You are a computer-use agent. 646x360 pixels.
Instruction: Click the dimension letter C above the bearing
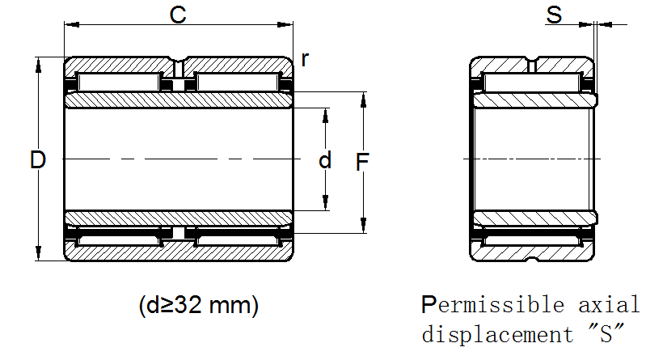pyautogui.click(x=179, y=15)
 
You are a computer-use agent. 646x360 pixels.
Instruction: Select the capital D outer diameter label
pyautogui.click(x=37, y=160)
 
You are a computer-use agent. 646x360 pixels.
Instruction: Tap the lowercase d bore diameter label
pyautogui.click(x=325, y=160)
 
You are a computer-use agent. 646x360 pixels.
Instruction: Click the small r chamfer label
pyautogui.click(x=305, y=59)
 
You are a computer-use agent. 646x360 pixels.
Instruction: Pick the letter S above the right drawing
pyautogui.click(x=554, y=15)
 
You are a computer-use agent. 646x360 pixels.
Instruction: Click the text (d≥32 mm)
pyautogui.click(x=199, y=306)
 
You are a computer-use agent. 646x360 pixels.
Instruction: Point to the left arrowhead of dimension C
pyautogui.click(x=69, y=26)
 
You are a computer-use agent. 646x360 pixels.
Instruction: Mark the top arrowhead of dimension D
pyautogui.click(x=37, y=62)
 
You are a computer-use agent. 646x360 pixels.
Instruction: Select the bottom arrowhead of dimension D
pyautogui.click(x=37, y=256)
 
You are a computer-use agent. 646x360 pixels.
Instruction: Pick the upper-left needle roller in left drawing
pyautogui.click(x=119, y=82)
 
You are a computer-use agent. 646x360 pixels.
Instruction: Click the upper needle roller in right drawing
pyautogui.click(x=531, y=82)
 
